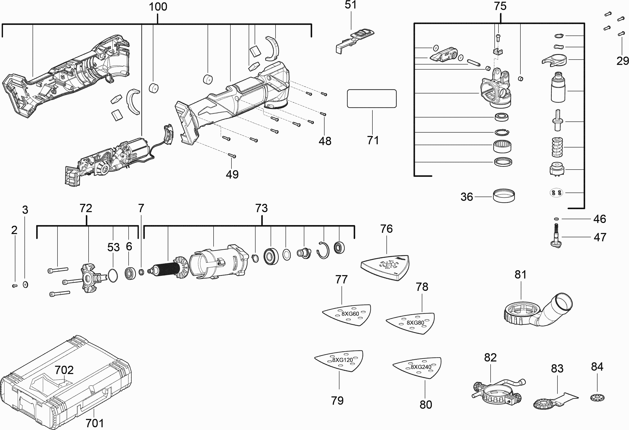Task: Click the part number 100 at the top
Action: click(158, 7)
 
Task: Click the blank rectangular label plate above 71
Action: click(372, 99)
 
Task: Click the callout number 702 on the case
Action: click(64, 370)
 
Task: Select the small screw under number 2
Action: click(15, 286)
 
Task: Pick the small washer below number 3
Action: click(25, 284)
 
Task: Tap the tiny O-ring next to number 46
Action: click(556, 219)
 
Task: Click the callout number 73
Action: click(261, 208)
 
